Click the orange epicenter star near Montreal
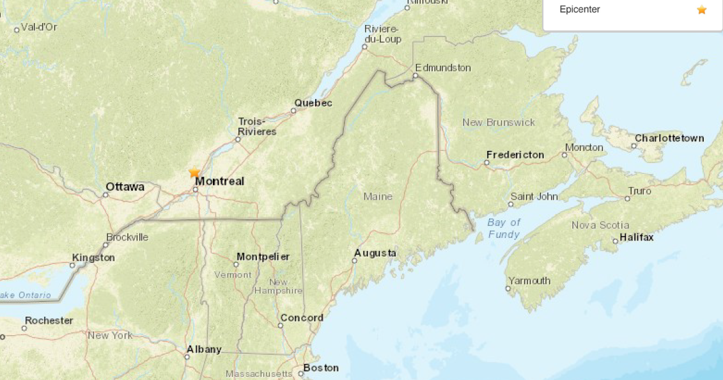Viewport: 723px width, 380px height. click(194, 173)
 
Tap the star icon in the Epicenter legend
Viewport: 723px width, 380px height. click(702, 10)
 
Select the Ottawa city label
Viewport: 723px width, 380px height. click(125, 187)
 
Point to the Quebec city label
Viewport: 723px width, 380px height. click(313, 103)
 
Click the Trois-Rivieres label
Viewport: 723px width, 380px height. click(257, 127)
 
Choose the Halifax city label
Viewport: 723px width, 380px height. click(637, 237)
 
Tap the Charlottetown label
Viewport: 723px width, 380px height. click(669, 138)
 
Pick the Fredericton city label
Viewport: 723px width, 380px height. click(515, 155)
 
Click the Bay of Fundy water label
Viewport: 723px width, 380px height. click(504, 228)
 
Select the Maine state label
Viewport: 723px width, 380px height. click(378, 196)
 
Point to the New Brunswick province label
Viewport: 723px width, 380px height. click(499, 122)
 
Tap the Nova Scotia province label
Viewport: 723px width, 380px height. click(600, 225)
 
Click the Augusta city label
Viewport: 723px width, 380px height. click(375, 253)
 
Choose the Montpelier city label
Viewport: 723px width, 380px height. click(263, 257)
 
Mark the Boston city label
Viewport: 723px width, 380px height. click(321, 368)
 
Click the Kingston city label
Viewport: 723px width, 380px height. click(93, 258)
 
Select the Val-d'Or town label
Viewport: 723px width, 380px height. click(39, 27)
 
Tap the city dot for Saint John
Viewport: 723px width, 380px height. click(510, 205)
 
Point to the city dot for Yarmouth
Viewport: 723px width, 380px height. click(508, 289)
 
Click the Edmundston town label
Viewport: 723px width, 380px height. click(442, 68)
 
